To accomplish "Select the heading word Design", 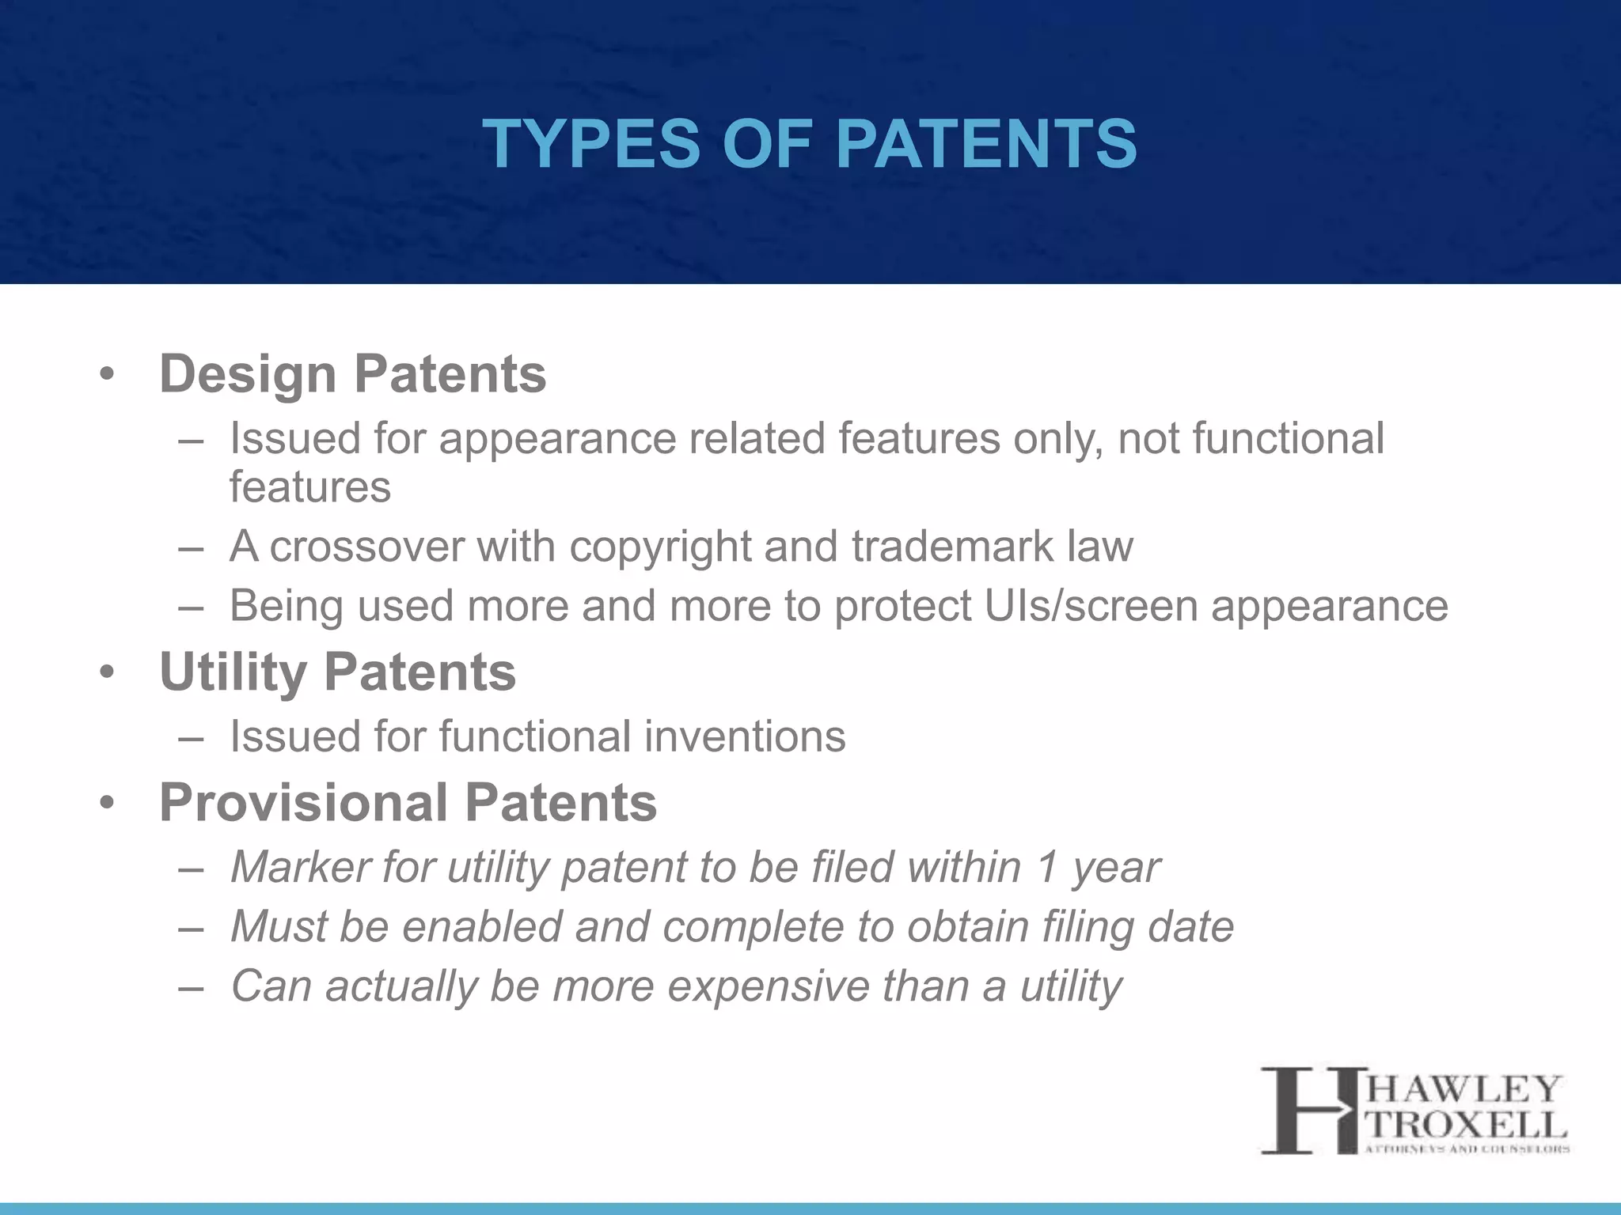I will tap(248, 373).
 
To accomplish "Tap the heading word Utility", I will tap(233, 672).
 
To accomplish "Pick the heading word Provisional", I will tap(304, 802).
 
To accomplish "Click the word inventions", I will tap(744, 736).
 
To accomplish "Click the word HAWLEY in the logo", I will tap(1463, 1089).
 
